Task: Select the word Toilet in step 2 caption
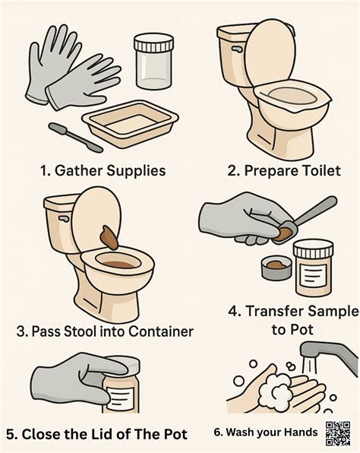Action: click(x=318, y=170)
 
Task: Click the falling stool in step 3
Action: click(x=109, y=238)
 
